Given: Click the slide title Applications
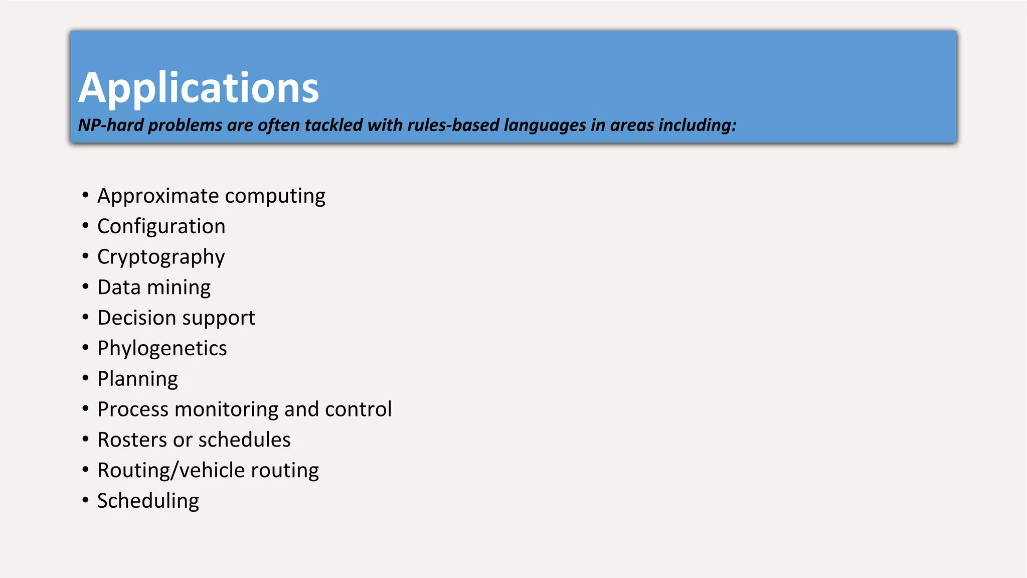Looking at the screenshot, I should [199, 88].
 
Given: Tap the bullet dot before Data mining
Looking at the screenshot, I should [86, 286].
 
